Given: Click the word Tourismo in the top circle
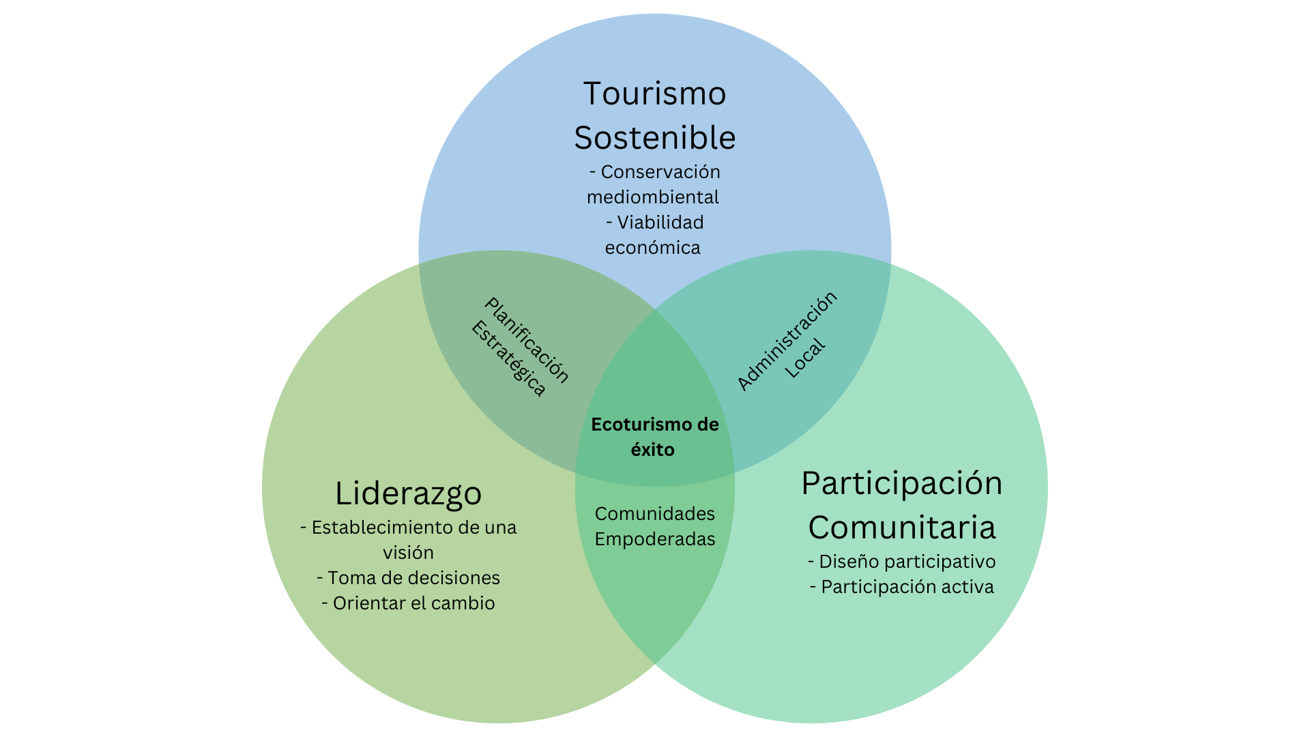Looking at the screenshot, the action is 654,93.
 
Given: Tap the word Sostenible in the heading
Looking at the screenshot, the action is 655,138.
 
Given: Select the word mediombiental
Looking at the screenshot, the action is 653,197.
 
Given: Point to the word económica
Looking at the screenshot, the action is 653,248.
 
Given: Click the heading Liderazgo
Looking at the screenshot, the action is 408,494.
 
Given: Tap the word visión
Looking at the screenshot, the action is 408,553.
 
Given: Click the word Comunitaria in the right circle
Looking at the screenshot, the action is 902,528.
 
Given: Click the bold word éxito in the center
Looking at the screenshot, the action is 653,450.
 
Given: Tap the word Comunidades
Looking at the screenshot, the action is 655,514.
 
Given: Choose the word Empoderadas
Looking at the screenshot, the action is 655,539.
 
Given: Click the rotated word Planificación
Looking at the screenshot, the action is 527,340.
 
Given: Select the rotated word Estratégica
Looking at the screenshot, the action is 508,359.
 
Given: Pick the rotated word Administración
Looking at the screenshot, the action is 787,341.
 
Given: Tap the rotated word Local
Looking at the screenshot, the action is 805,358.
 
